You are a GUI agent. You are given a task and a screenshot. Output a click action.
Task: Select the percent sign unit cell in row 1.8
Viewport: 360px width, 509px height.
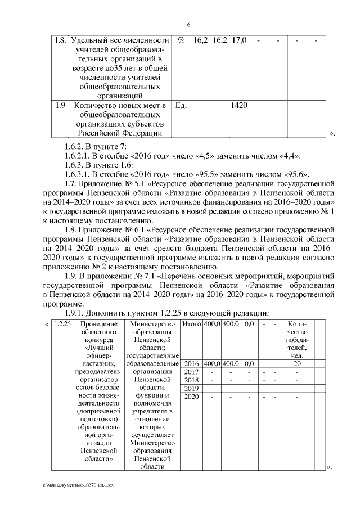click(x=181, y=41)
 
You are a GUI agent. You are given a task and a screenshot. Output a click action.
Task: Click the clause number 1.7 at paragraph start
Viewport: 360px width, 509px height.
click(x=70, y=183)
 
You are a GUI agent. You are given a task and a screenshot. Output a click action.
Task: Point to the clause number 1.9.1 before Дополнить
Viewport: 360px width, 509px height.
click(x=76, y=313)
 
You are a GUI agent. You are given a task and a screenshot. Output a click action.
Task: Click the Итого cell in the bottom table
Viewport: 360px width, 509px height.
click(x=192, y=325)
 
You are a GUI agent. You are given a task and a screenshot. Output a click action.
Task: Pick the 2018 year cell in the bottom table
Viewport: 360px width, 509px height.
click(x=192, y=380)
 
